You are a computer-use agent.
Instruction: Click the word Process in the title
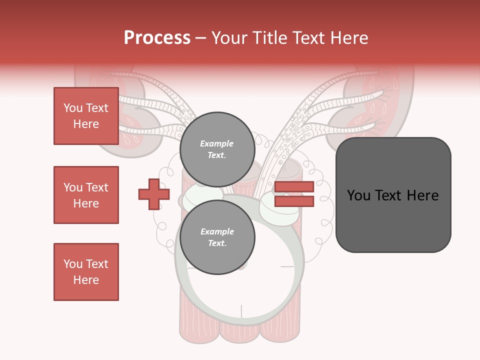click(x=157, y=37)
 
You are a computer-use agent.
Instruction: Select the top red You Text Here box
click(x=86, y=116)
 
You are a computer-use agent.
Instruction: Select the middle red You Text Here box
click(x=86, y=195)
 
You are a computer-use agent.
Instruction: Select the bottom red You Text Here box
click(x=86, y=272)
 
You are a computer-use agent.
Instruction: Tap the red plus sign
click(x=154, y=194)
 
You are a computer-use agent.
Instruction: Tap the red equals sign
click(x=294, y=194)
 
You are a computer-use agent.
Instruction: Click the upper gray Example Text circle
click(x=217, y=149)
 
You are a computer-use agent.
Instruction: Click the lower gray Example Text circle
click(x=217, y=237)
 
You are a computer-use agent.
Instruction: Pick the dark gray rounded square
click(x=393, y=195)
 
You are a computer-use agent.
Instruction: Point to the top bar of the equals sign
click(x=294, y=187)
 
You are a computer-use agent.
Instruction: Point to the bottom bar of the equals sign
click(x=294, y=201)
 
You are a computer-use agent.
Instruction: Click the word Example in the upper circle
click(x=217, y=143)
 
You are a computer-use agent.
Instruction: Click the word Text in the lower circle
click(x=217, y=243)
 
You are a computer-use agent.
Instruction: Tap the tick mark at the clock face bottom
click(x=241, y=311)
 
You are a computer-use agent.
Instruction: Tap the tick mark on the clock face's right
click(x=287, y=266)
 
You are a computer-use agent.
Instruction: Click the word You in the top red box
click(x=73, y=108)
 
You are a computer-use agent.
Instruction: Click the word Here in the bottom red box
click(x=86, y=280)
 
